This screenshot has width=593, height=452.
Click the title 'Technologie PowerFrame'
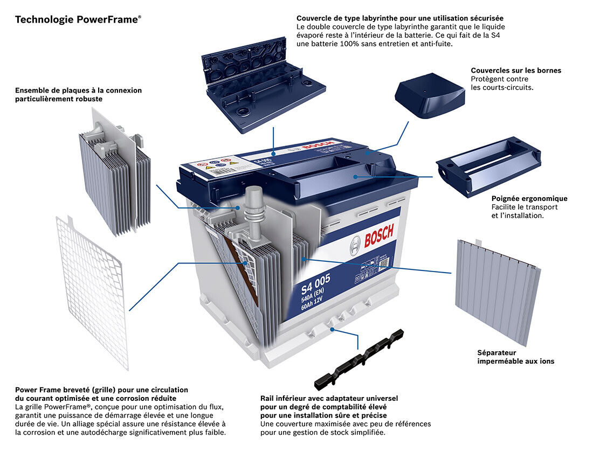pyautogui.click(x=78, y=20)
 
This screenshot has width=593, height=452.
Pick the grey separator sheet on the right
pyautogui.click(x=496, y=291)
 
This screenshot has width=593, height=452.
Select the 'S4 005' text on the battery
pyautogui.click(x=315, y=283)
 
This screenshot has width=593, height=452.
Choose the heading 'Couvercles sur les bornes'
pyautogui.click(x=516, y=71)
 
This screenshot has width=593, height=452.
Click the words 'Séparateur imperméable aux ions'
pyautogui.click(x=515, y=357)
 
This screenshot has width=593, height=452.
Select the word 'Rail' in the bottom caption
pyautogui.click(x=268, y=398)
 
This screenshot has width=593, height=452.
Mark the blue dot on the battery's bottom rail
pyautogui.click(x=333, y=328)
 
